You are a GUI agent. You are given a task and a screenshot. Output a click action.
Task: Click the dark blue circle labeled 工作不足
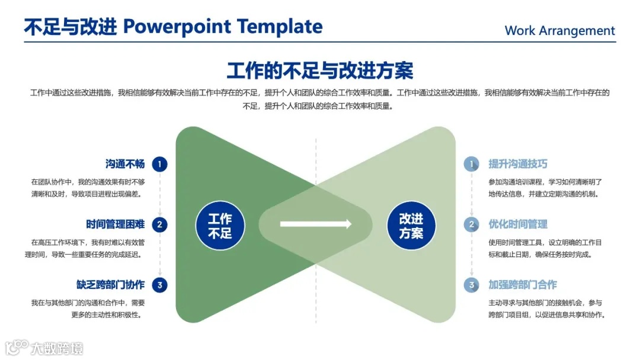[x=220, y=226]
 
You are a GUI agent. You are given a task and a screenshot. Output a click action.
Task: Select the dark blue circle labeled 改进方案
[x=411, y=226]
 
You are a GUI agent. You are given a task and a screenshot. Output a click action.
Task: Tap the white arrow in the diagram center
[x=315, y=224]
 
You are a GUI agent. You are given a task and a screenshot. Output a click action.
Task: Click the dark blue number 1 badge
[x=159, y=164]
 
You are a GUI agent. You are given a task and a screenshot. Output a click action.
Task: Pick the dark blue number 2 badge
[x=159, y=224]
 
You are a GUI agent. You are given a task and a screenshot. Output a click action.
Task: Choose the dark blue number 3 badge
[x=159, y=285]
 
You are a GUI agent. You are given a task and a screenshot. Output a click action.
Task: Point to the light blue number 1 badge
[x=472, y=164]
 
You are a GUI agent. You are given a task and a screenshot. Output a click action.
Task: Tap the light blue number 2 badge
[x=472, y=224]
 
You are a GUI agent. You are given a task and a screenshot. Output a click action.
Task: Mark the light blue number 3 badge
[x=472, y=285]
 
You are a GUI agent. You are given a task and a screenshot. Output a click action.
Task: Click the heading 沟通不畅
[x=125, y=164]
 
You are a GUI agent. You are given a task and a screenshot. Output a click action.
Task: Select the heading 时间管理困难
[x=115, y=224]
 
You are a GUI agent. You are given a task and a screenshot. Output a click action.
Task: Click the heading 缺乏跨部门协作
[x=110, y=285]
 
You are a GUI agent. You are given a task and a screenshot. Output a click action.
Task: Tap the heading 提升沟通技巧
[x=517, y=164]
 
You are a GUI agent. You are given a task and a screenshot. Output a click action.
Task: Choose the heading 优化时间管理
[x=517, y=224]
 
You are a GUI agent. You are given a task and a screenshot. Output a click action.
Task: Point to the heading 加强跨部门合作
[x=523, y=285]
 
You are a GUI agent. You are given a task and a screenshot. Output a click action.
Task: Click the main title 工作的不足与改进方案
[x=320, y=70]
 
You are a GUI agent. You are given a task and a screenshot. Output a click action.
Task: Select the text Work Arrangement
[x=559, y=31]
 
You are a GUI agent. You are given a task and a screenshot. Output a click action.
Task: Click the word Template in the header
[x=280, y=27]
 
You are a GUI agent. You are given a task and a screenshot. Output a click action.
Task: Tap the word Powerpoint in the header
[x=177, y=27]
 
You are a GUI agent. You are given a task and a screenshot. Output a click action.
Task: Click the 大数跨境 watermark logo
[x=44, y=348]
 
